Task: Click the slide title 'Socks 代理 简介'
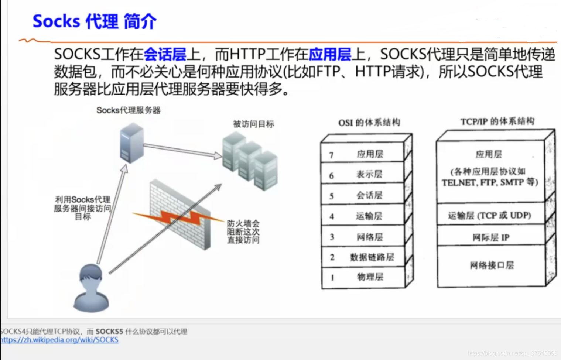coord(95,21)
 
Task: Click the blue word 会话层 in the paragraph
coord(165,55)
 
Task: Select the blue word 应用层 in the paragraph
coord(330,55)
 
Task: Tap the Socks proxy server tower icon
coord(131,143)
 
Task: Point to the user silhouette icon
coord(91,288)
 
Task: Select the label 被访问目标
coord(253,124)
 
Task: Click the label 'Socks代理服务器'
coord(128,110)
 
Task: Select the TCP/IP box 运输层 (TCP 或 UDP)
coord(490,215)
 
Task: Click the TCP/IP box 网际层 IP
coord(490,237)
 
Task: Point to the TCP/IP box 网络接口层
coord(491,265)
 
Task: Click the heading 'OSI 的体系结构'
coord(369,123)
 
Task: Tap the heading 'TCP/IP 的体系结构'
coord(497,121)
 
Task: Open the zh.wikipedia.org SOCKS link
coord(59,340)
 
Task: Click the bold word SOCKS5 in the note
coord(109,332)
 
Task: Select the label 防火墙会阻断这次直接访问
coord(243,232)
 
